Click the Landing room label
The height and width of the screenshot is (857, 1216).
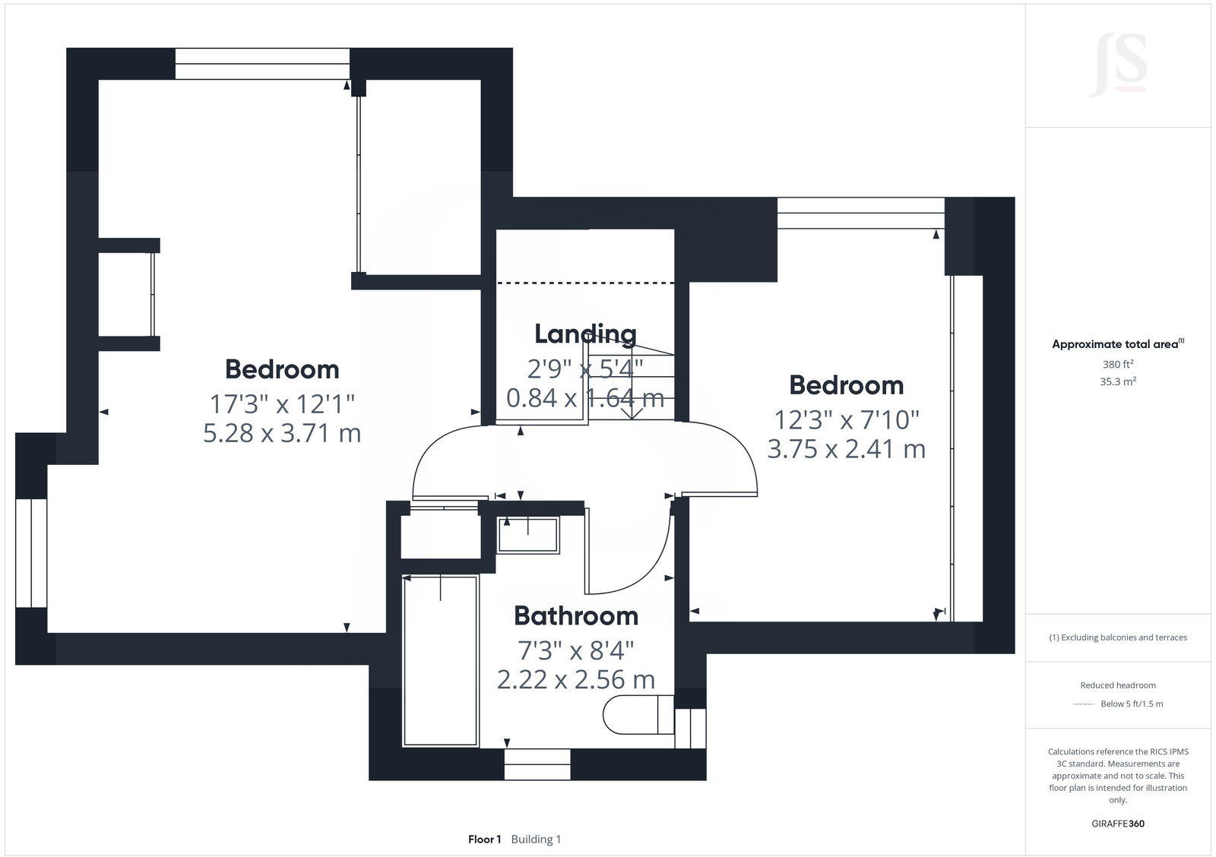pos(585,334)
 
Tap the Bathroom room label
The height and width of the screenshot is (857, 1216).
pos(575,615)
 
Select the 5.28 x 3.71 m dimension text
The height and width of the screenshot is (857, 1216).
pos(282,433)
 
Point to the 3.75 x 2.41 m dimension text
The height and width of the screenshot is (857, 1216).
pos(846,449)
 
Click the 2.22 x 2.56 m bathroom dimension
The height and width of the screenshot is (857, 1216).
pos(575,679)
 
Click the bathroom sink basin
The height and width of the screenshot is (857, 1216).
pos(527,535)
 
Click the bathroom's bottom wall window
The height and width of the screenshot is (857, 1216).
pos(537,764)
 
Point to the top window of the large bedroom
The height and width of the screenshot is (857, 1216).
pos(262,64)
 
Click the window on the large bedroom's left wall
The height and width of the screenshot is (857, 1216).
pos(31,552)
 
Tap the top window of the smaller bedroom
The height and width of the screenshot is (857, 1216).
pos(860,213)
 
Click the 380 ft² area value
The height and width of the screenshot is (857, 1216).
pos(1117,364)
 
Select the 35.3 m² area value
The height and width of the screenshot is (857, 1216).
pos(1117,382)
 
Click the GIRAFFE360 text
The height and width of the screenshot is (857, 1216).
pos(1117,824)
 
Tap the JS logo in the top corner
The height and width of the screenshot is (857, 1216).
pos(1119,65)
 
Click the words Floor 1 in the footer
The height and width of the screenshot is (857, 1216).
pos(484,840)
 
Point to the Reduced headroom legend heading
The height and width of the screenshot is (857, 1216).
pos(1117,685)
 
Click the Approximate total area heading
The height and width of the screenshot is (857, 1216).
pos(1115,344)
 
